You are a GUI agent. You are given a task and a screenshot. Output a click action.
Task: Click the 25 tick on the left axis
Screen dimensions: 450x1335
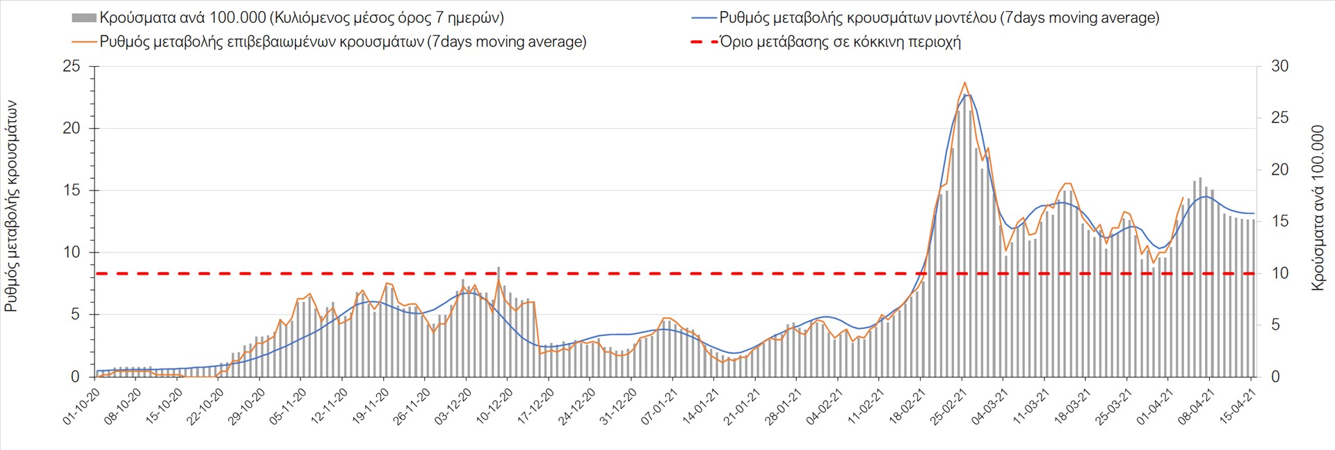tap(72, 67)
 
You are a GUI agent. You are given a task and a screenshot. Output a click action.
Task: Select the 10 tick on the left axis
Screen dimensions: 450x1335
tap(72, 252)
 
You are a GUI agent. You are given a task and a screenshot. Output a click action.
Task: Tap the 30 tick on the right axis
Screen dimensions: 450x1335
tap(1279, 67)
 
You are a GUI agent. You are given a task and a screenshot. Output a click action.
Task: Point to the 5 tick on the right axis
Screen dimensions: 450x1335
tap(1275, 325)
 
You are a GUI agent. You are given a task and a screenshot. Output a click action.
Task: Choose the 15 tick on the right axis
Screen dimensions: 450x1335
tap(1279, 221)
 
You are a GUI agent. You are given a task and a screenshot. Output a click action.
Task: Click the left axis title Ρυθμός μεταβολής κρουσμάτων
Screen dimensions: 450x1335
tap(11, 206)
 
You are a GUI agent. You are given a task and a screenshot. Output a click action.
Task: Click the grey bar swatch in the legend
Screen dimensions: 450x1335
tap(83, 18)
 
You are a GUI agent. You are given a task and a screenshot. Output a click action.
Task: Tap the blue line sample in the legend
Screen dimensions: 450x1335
tap(703, 18)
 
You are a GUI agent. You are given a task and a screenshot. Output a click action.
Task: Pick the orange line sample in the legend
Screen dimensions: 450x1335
tap(83, 42)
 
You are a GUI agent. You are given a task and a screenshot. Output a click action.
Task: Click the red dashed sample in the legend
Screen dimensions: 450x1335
tap(703, 42)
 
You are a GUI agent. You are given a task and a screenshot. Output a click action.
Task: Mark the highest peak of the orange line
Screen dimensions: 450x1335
tap(964, 82)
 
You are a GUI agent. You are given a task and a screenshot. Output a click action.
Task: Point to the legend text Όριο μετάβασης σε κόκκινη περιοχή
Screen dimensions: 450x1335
tap(840, 42)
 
